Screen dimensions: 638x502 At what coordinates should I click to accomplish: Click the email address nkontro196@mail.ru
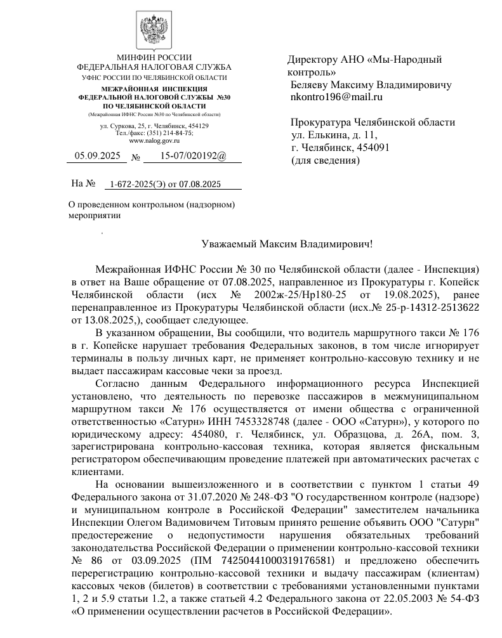click(336, 97)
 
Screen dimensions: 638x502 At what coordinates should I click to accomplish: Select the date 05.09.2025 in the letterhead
click(97, 155)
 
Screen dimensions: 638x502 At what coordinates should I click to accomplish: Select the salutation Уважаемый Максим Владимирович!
click(287, 243)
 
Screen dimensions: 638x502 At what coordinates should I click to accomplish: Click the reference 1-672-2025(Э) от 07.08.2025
click(165, 185)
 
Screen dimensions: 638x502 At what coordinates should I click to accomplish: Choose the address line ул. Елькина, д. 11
click(334, 135)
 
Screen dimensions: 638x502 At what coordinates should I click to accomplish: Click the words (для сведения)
click(325, 160)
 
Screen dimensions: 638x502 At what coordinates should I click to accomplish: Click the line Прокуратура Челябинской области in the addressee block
click(373, 122)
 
